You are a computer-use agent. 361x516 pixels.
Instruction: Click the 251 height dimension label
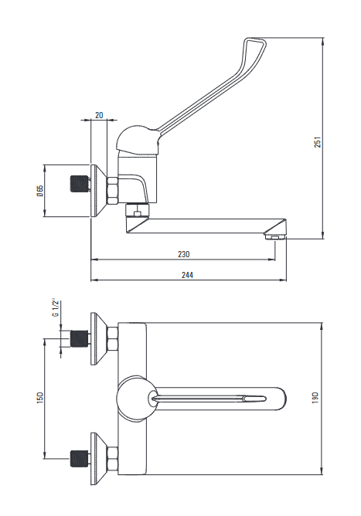pyautogui.click(x=317, y=141)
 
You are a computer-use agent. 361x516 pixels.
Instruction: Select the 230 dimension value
pyautogui.click(x=184, y=254)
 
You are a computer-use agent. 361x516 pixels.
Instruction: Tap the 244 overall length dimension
pyautogui.click(x=187, y=275)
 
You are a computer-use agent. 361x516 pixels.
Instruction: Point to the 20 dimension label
pyautogui.click(x=99, y=115)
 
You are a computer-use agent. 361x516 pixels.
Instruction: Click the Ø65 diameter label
pyautogui.click(x=40, y=191)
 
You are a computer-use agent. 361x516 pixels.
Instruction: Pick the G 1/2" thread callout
pyautogui.click(x=56, y=308)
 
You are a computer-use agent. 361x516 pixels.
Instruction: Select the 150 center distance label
pyautogui.click(x=40, y=398)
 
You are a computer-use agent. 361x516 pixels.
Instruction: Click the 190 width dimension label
pyautogui.click(x=315, y=398)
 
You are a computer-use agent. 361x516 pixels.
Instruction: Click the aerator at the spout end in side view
pyautogui.click(x=275, y=236)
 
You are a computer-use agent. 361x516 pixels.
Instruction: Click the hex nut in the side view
pyautogui.click(x=112, y=191)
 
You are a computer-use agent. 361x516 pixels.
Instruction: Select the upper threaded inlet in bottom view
pyautogui.click(x=79, y=338)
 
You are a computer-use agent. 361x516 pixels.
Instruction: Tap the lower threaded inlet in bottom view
pyautogui.click(x=79, y=459)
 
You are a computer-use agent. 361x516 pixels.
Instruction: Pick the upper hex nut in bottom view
pyautogui.click(x=112, y=338)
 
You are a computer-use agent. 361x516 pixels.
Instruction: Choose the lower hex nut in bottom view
pyautogui.click(x=112, y=459)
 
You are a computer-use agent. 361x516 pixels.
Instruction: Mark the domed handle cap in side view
pyautogui.click(x=138, y=141)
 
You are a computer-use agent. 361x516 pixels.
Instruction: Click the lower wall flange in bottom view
pyautogui.click(x=98, y=459)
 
